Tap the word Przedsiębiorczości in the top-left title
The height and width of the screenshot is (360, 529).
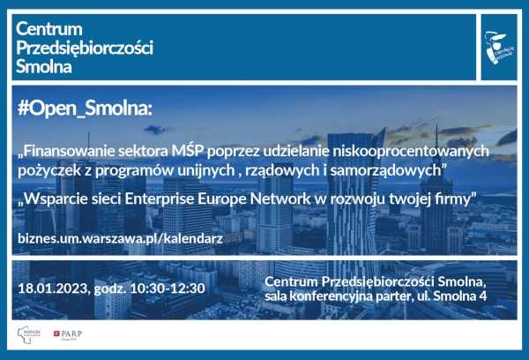tap(85, 48)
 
